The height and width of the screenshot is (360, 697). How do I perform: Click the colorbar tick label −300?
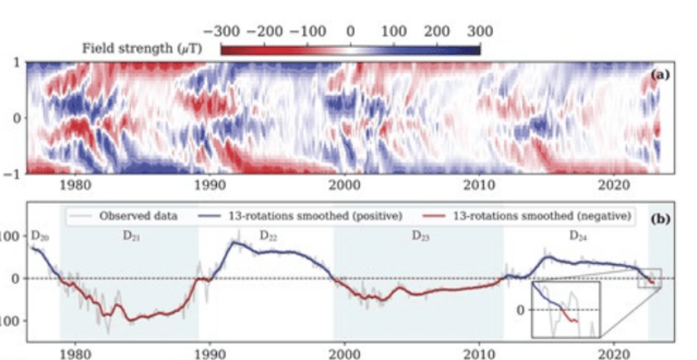coord(221,32)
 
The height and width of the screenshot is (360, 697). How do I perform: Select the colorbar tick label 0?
coord(351,32)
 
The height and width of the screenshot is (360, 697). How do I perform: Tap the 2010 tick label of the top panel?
coord(480,185)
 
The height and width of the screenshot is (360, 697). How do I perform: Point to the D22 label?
coord(268,236)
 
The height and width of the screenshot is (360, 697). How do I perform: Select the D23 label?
coord(422,236)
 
